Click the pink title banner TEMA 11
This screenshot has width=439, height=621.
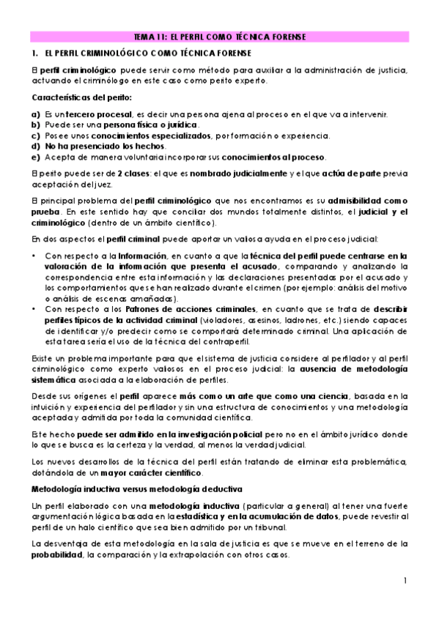coord(220,37)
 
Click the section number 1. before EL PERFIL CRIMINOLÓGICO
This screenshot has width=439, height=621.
coord(34,54)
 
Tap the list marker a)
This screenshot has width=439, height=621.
coord(36,115)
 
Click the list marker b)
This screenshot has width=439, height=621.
coord(36,125)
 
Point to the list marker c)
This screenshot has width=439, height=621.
coord(36,135)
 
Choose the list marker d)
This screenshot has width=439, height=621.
coord(36,146)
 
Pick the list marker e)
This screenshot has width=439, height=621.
coord(36,157)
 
